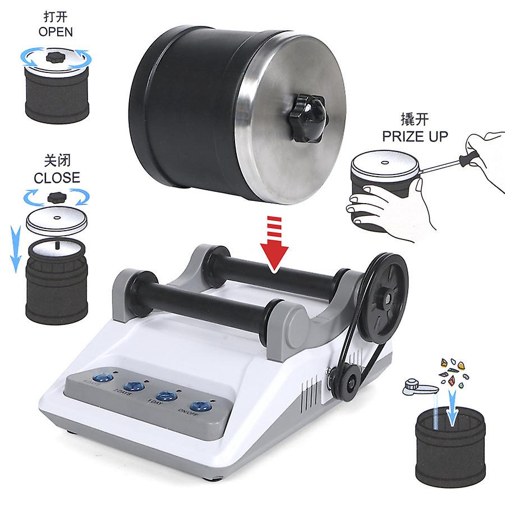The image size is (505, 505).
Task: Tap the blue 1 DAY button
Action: pyautogui.click(x=166, y=396)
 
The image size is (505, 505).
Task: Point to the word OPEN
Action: pyautogui.click(x=56, y=31)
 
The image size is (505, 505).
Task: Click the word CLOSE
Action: pyautogui.click(x=57, y=178)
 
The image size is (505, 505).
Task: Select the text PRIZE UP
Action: pyautogui.click(x=415, y=136)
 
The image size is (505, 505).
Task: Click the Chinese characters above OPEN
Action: pyautogui.click(x=56, y=16)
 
